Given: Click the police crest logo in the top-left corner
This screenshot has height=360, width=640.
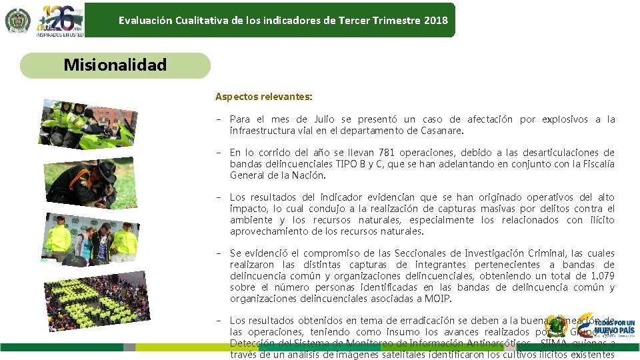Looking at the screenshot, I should point(17,21).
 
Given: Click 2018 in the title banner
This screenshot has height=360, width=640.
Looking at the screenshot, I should point(435,20).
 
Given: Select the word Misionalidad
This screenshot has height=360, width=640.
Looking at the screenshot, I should point(115,65).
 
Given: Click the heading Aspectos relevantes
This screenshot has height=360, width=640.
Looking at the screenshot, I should point(263,97).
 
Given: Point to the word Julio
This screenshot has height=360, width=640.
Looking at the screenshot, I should point(324,120).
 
